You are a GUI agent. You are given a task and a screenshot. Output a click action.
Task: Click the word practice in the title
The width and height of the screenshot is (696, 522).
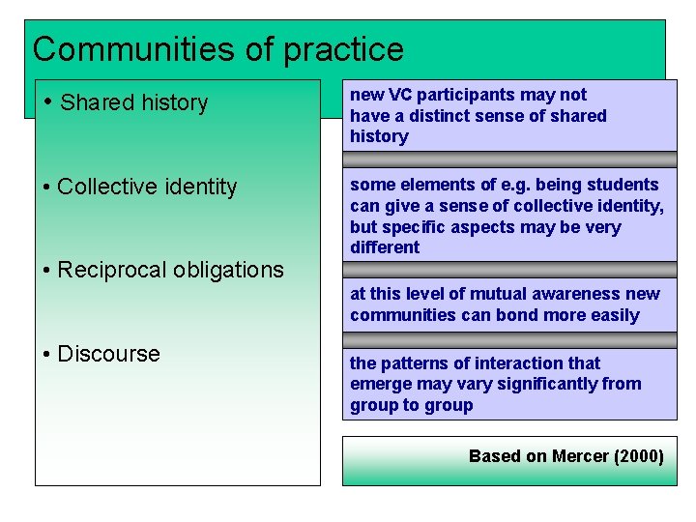(343, 49)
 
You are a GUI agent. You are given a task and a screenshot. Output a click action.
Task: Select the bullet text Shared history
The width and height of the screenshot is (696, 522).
(133, 102)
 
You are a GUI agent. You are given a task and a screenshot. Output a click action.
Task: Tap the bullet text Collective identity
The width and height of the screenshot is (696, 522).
(147, 187)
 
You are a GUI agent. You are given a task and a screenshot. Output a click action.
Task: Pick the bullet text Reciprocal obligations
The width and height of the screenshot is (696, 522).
(170, 270)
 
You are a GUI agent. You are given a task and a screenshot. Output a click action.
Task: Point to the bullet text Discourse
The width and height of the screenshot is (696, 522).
(108, 354)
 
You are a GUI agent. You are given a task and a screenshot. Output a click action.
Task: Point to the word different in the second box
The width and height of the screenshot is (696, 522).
(385, 247)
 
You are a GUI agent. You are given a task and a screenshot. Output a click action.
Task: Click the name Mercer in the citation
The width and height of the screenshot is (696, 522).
(580, 456)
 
